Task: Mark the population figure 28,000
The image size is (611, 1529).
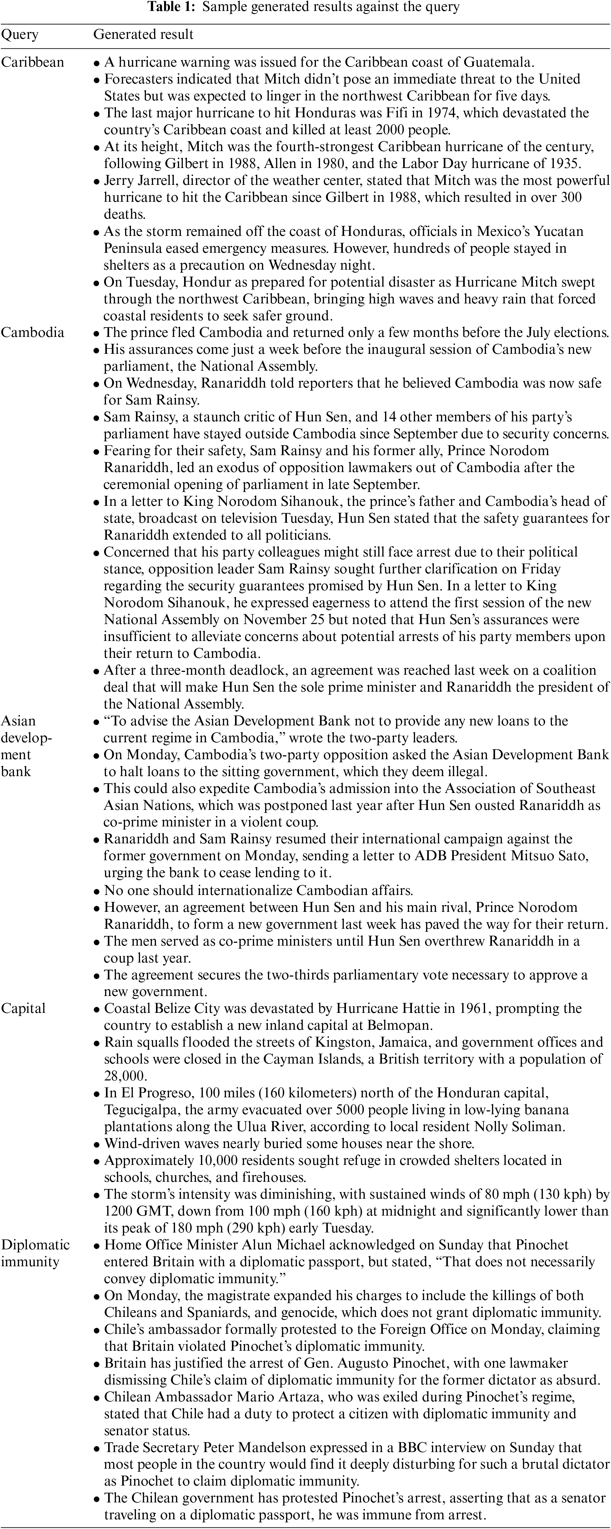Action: coord(125,1076)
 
